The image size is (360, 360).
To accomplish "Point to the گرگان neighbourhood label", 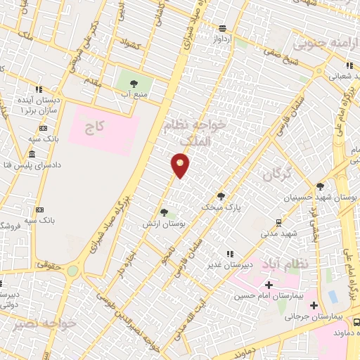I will pyautogui.click(x=277, y=174).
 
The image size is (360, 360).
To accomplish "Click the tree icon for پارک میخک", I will pyautogui.click(x=221, y=196).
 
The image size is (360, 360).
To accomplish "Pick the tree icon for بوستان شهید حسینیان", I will pyautogui.click(x=321, y=186).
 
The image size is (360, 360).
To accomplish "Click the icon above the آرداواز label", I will pyautogui.click(x=222, y=28).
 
